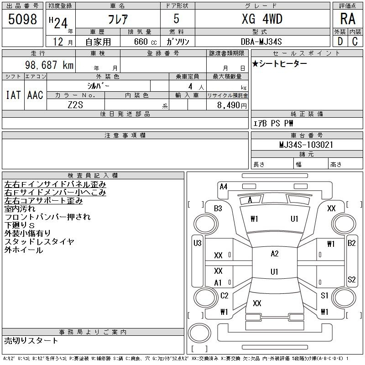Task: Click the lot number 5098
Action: (22, 19)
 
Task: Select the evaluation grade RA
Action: (348, 19)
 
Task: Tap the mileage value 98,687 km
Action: (49, 65)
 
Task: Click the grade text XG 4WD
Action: (262, 19)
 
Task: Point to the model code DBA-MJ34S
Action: (261, 42)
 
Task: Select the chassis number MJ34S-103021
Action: (306, 145)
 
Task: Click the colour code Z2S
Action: (75, 105)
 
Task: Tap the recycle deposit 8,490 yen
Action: (232, 105)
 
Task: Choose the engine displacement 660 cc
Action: (145, 42)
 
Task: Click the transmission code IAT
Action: (13, 95)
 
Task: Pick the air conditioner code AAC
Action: (35, 95)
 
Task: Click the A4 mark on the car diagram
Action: (224, 187)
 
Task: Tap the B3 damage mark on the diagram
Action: (218, 208)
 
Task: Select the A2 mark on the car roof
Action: (275, 253)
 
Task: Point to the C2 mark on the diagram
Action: (224, 295)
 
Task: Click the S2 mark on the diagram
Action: (351, 279)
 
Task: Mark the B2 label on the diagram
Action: (351, 243)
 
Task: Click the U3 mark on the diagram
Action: (198, 243)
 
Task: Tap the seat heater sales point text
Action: (279, 63)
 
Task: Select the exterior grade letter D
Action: (340, 42)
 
